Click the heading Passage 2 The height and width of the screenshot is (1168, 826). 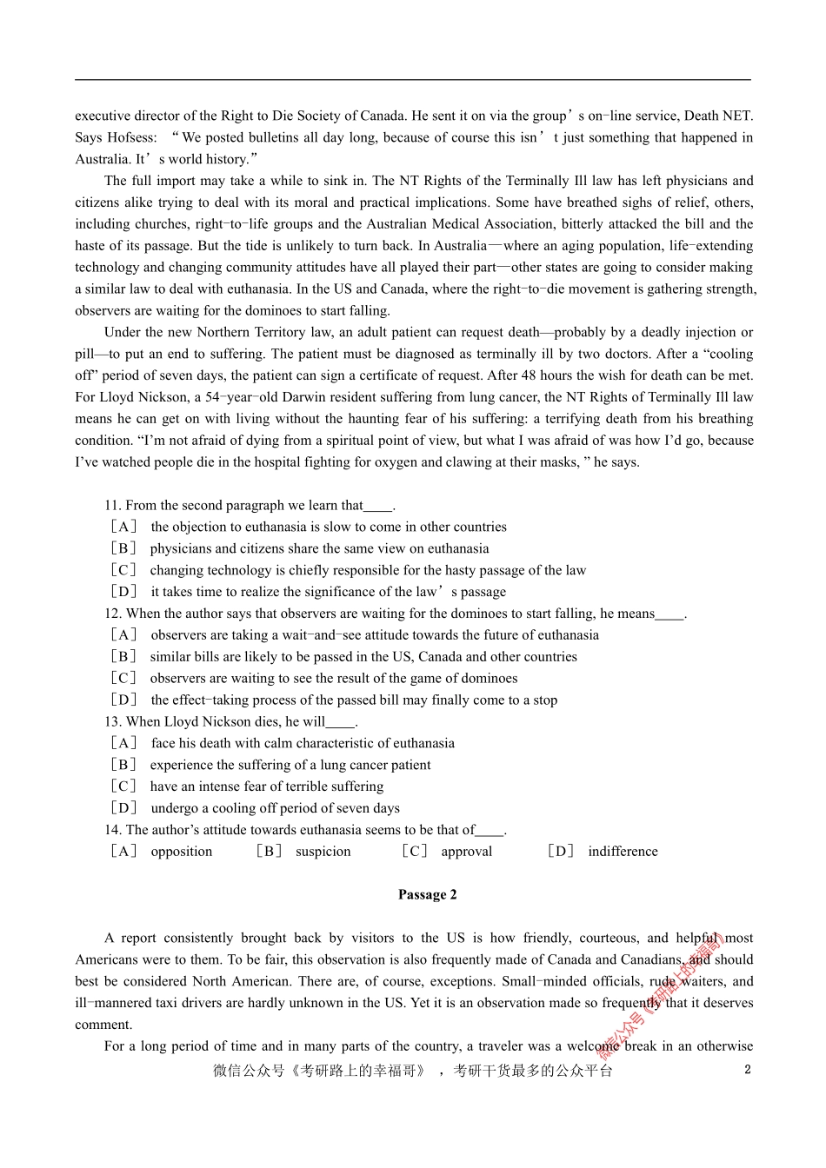[x=427, y=894]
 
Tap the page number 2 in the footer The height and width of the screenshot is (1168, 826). [x=747, y=1069]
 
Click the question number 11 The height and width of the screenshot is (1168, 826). [x=112, y=505]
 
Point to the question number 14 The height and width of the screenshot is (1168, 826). [x=112, y=829]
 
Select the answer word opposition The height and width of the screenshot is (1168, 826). [x=181, y=851]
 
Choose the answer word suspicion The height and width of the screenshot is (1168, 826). [x=323, y=851]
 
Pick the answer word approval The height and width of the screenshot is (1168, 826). [x=466, y=851]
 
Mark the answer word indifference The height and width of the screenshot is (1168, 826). [x=623, y=851]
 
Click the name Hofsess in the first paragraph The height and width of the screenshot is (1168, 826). [x=131, y=137]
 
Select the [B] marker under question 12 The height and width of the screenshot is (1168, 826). [x=123, y=656]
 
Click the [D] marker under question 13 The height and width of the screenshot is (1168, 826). [x=123, y=807]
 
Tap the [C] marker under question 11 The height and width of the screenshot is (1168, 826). [x=123, y=570]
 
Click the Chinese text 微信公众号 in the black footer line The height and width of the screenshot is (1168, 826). [x=249, y=1071]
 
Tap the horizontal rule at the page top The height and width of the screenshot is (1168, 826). [x=413, y=80]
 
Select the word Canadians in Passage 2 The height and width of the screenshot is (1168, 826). [x=651, y=959]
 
